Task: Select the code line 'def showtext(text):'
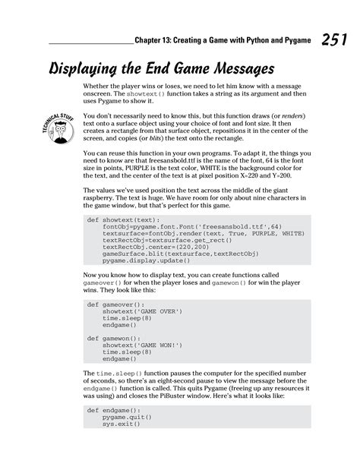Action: pos(118,220)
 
